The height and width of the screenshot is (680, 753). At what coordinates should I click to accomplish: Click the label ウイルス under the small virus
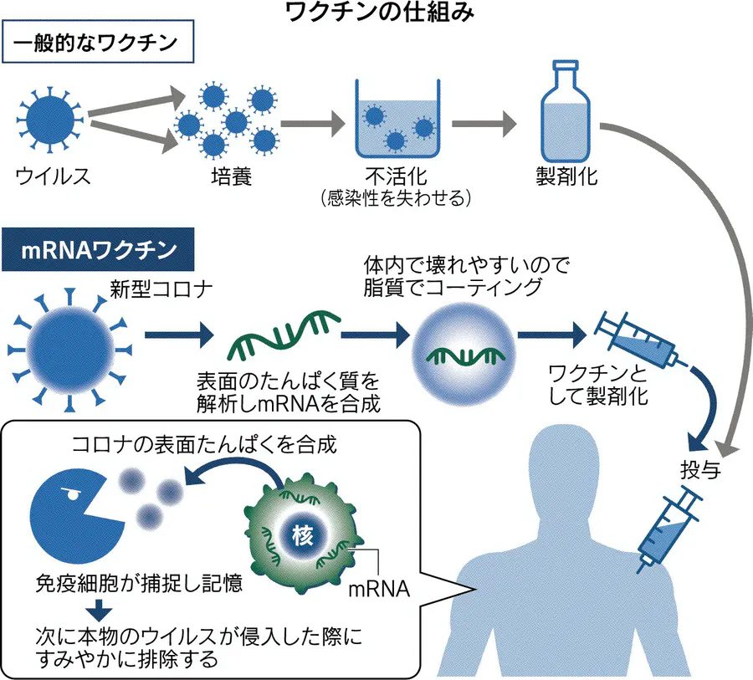[x=53, y=176]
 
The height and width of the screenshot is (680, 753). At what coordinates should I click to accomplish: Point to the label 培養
[x=227, y=176]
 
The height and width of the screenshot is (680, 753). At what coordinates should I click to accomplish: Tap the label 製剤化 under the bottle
[x=568, y=176]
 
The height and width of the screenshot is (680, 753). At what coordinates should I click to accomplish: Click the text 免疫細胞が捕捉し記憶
[x=139, y=582]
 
